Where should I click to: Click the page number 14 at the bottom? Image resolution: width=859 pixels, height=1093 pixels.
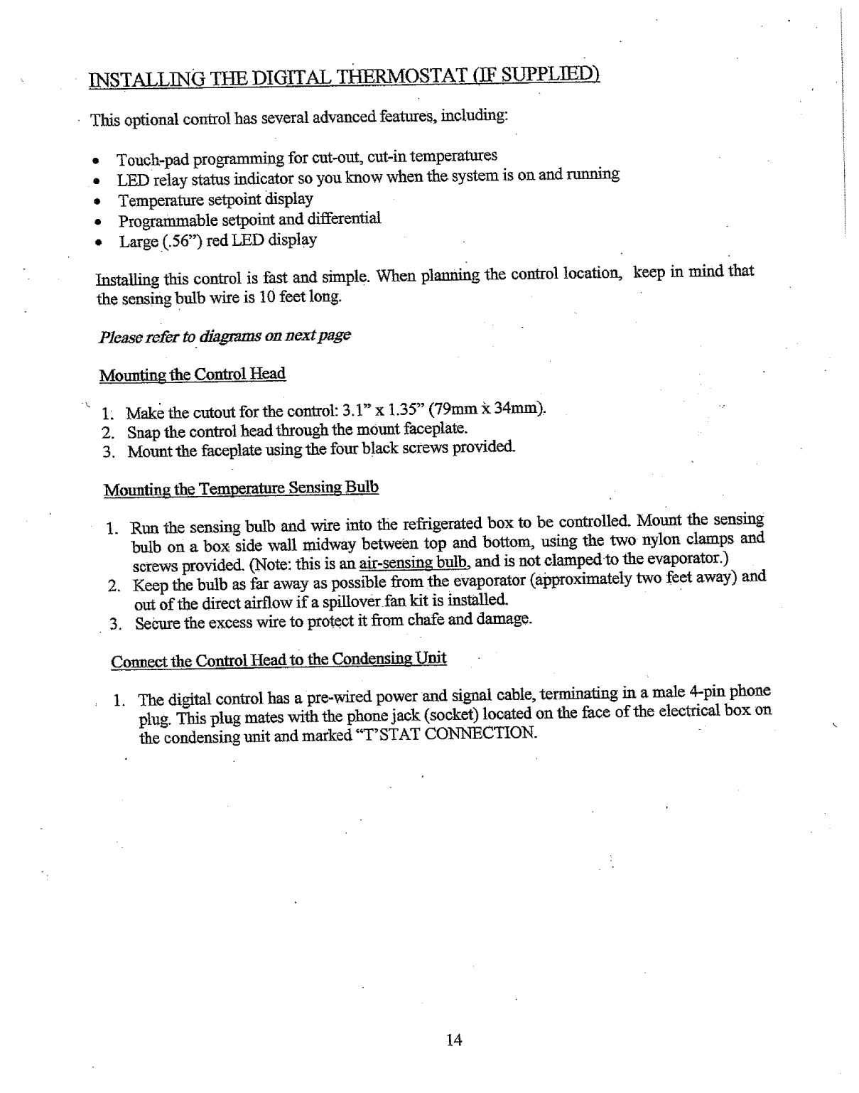click(x=454, y=1041)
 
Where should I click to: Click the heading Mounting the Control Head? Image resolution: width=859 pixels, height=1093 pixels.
click(x=192, y=375)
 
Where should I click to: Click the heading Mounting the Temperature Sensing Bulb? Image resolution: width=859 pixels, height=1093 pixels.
click(x=242, y=489)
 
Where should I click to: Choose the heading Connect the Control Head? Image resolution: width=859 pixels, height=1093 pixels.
click(x=279, y=660)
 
